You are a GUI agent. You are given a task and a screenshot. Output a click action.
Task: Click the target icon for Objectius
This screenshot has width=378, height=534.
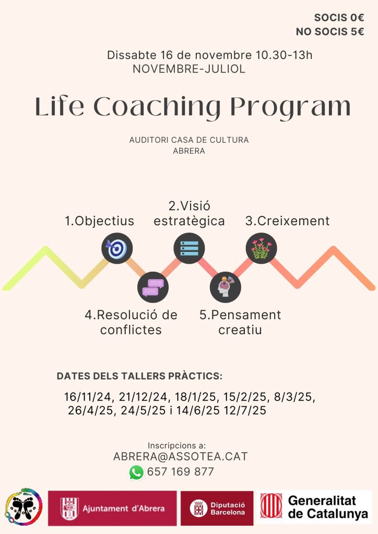pos(117,248)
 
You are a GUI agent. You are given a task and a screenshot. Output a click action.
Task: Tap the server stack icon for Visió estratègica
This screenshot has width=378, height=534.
pos(189,248)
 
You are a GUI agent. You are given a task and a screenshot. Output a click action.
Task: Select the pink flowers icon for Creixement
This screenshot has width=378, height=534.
pos(262,248)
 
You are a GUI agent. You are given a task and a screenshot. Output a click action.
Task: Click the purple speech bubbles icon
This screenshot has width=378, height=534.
pos(153,287)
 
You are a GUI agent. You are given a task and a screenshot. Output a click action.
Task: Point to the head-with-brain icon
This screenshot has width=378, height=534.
pos(226,287)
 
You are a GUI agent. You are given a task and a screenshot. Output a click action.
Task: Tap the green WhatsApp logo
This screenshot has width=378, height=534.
pos(136,472)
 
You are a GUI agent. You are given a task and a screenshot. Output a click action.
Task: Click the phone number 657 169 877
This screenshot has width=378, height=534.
pos(180,471)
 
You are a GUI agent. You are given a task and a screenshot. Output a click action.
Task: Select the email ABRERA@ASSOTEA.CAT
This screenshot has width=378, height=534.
pos(180,456)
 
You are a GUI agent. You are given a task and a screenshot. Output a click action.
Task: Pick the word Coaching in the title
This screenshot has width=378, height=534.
pos(157,106)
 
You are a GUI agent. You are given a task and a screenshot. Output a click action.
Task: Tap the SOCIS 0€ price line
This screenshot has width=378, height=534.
pos(339,17)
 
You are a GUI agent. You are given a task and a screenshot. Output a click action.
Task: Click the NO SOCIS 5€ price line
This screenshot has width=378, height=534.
pos(330,32)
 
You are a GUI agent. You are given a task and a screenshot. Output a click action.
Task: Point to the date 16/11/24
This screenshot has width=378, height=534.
pos(88,397)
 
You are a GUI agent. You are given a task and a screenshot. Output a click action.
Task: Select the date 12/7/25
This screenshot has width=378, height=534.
pos(245,410)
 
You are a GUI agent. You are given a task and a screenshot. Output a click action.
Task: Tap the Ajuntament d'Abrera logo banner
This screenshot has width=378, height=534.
pos(112,508)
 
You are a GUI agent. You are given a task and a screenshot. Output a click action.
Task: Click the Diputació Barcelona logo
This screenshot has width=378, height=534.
pos(217,508)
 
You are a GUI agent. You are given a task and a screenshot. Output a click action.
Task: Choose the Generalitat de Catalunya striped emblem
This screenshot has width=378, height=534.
pos(271,506)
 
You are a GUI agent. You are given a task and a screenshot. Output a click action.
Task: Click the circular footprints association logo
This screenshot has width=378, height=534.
pos(23,507)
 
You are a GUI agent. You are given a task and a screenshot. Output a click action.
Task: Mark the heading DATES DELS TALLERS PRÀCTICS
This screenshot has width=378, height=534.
pos(139,376)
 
